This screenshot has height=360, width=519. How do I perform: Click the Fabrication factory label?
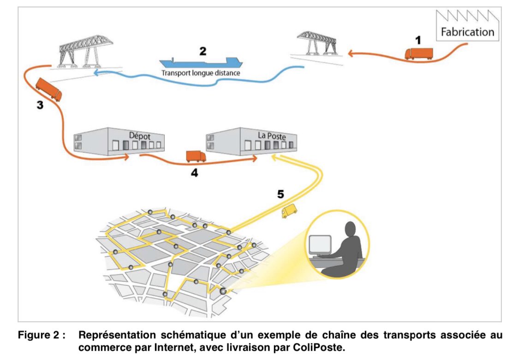(467, 32)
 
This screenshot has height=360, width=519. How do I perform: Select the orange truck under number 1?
(419, 54)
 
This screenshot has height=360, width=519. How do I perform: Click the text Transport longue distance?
(201, 73)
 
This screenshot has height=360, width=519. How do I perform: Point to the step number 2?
(203, 51)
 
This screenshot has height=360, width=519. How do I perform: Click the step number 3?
(40, 105)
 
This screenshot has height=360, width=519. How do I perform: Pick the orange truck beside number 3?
(48, 89)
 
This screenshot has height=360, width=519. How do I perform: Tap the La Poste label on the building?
(272, 136)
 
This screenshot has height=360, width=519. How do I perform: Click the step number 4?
(195, 174)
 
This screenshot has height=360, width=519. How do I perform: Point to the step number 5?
(280, 194)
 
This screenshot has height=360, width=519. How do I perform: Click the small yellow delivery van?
(289, 211)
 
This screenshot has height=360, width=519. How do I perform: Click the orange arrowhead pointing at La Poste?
(254, 159)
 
